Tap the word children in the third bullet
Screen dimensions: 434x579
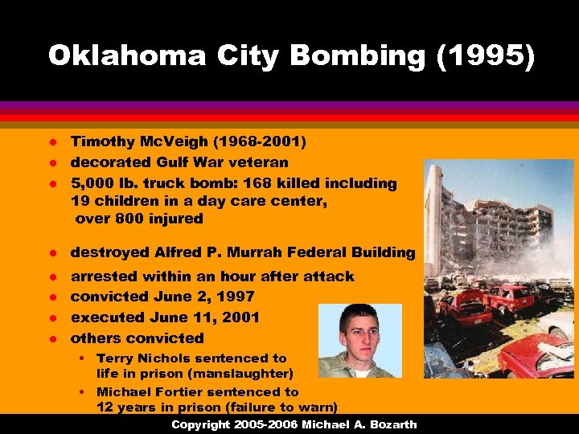click(125, 201)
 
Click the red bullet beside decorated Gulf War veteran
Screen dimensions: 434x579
click(53, 162)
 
